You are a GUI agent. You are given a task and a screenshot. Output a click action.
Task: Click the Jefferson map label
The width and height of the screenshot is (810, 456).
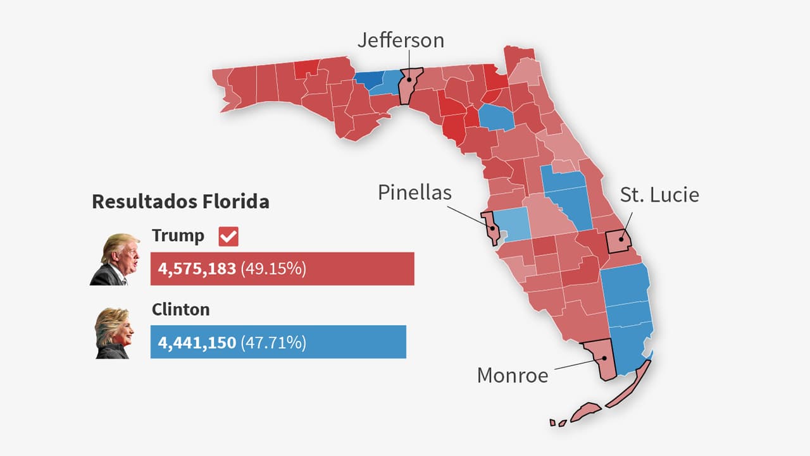coord(401,40)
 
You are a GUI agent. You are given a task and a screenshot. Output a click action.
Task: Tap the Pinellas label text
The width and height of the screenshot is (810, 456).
coord(414,192)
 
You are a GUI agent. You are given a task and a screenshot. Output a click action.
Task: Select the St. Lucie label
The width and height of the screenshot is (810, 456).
coord(659,195)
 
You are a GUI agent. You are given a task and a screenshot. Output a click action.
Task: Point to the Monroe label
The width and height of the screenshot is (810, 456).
coord(513,375)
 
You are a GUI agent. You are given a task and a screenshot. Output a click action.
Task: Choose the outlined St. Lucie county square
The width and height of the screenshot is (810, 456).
coord(619,242)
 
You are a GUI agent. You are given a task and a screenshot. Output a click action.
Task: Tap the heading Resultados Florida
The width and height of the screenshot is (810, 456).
coord(180,202)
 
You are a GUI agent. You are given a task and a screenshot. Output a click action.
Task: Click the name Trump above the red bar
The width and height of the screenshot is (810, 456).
coord(178,236)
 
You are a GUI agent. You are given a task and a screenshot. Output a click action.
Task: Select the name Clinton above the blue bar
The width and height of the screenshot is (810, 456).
coord(180,309)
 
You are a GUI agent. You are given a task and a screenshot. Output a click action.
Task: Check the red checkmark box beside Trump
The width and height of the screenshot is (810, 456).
coord(228,237)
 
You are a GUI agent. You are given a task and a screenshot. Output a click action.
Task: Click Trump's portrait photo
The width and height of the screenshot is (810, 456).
coord(115,259)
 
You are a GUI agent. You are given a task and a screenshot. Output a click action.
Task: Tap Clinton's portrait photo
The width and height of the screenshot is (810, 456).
coord(114,333)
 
